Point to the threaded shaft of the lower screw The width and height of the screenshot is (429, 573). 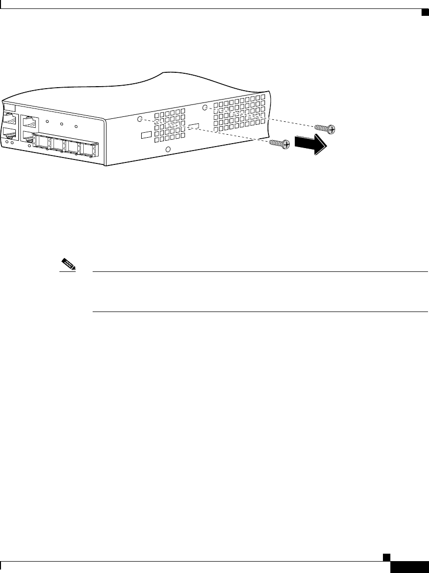click(x=275, y=143)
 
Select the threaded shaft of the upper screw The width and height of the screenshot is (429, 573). click(x=321, y=128)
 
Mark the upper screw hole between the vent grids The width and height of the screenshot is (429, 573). click(x=205, y=107)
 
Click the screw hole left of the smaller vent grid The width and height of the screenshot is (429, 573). click(x=140, y=119)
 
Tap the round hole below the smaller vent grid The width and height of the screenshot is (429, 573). click(x=168, y=150)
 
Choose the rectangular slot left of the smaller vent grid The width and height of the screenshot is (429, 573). click(x=147, y=135)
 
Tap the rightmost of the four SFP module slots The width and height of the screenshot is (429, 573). click(x=89, y=149)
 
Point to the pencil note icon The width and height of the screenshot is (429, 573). click(x=68, y=264)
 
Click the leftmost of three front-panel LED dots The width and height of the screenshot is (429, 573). click(x=47, y=121)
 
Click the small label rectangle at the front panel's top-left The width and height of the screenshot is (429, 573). click(x=9, y=108)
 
